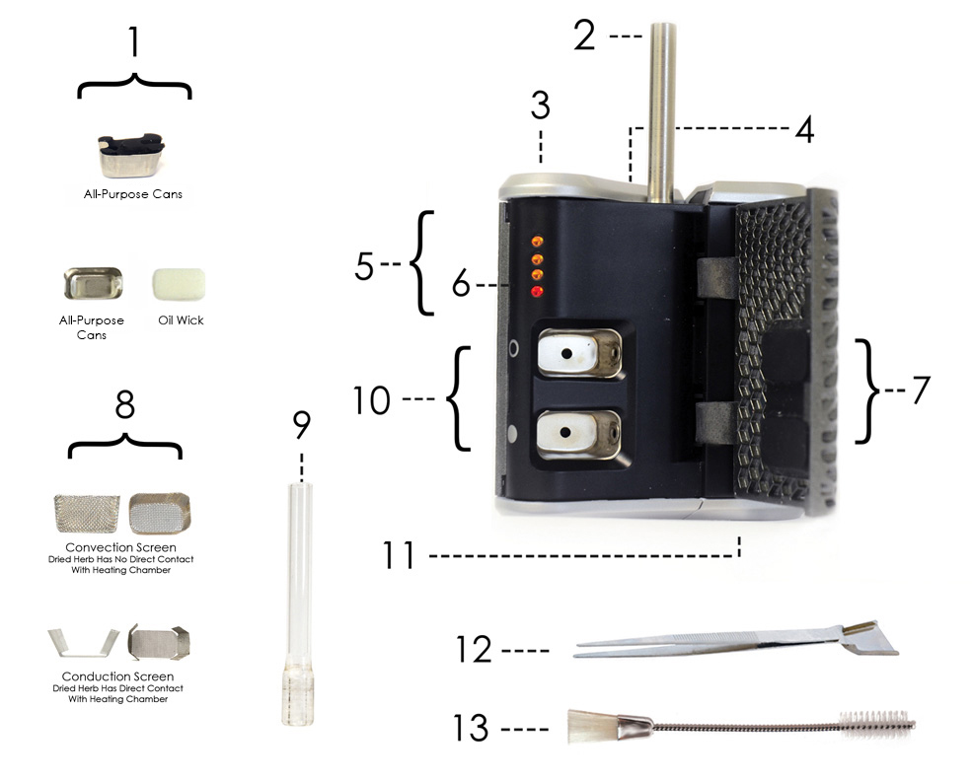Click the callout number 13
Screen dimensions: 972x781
pyautogui.click(x=471, y=728)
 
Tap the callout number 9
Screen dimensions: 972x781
pyautogui.click(x=301, y=425)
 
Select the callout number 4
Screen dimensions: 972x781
pyautogui.click(x=804, y=130)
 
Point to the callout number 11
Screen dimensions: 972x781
pyautogui.click(x=398, y=555)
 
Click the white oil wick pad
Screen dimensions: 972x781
pyautogui.click(x=179, y=284)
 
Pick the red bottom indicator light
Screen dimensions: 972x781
pyautogui.click(x=537, y=291)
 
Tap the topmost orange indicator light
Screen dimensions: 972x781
pyautogui.click(x=537, y=241)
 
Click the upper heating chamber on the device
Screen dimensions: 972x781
pyautogui.click(x=579, y=353)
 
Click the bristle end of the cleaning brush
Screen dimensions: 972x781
pyautogui.click(x=877, y=723)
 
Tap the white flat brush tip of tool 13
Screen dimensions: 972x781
pyautogui.click(x=593, y=726)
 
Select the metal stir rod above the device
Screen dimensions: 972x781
pyautogui.click(x=662, y=112)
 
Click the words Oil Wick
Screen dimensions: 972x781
pyautogui.click(x=181, y=320)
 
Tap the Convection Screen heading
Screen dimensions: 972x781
pyautogui.click(x=120, y=547)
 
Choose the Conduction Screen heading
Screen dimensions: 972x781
pyautogui.click(x=117, y=676)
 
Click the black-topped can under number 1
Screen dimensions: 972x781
pyautogui.click(x=131, y=155)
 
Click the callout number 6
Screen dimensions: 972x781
pyautogui.click(x=461, y=284)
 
